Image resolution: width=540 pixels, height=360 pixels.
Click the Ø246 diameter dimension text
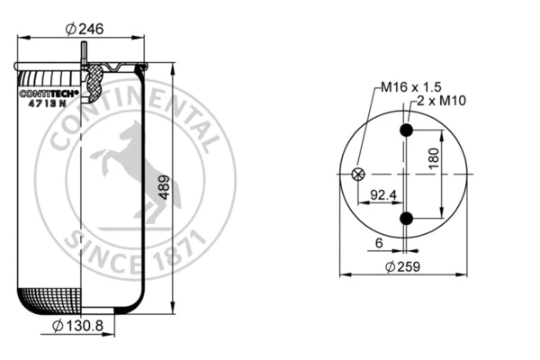click(85, 28)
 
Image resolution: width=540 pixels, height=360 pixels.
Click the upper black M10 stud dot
click(407, 131)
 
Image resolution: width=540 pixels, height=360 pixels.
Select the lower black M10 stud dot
click(407, 218)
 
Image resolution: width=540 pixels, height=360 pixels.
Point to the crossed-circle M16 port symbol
click(358, 175)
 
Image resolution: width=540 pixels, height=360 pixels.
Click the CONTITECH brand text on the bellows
click(49, 92)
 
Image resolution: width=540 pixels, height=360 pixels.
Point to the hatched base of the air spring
click(53, 299)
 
